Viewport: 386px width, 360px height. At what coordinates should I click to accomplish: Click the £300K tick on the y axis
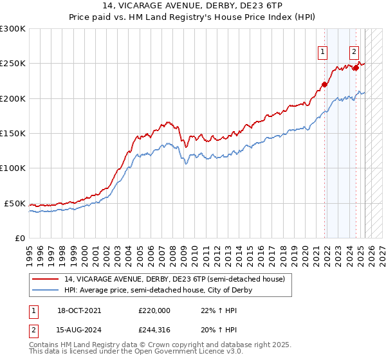click(13, 29)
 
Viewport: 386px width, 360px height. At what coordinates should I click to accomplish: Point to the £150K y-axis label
click(13, 133)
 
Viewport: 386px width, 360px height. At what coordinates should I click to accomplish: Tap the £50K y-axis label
click(15, 203)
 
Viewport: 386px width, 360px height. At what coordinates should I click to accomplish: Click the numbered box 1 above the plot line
click(322, 53)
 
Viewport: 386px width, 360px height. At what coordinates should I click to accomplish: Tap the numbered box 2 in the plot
click(354, 53)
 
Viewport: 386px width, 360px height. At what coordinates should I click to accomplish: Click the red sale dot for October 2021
click(324, 84)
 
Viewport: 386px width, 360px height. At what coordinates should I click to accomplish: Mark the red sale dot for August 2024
click(356, 67)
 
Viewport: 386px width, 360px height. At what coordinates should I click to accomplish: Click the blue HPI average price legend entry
click(158, 290)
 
